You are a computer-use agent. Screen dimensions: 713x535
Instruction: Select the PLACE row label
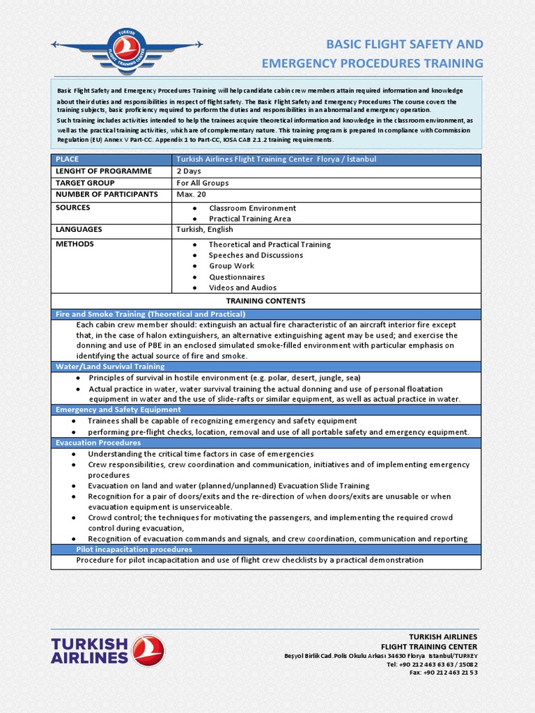coord(68,159)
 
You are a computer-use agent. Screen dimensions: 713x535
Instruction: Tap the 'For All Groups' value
coord(203,183)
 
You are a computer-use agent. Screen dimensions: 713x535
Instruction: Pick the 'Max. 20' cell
coord(191,195)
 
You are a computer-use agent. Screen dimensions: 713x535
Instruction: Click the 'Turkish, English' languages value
coord(205,230)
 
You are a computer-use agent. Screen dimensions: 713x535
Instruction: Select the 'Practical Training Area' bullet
coord(250,219)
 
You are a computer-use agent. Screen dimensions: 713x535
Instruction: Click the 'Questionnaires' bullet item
coord(237,277)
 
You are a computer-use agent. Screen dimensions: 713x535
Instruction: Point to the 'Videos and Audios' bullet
coord(242,288)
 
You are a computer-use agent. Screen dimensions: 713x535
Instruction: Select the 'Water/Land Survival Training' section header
coord(110,366)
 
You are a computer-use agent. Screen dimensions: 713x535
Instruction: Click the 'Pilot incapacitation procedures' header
coord(134,549)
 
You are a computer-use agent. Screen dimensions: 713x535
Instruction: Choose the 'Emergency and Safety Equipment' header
coord(118,410)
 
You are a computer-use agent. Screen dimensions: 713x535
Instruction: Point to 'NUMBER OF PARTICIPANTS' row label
coord(107,195)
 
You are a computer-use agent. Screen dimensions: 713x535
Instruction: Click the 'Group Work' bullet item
coord(231,266)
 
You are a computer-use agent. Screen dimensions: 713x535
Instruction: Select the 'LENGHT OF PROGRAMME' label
coord(103,171)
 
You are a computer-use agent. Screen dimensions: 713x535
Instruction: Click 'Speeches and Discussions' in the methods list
coord(256,256)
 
